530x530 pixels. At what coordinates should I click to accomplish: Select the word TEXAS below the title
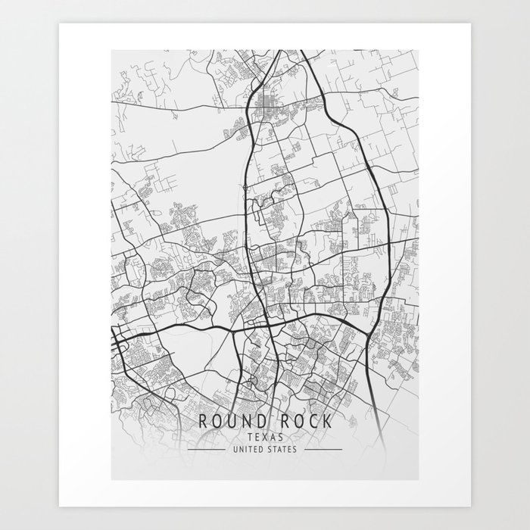tap(264, 437)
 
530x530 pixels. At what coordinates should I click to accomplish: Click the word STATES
tap(281, 449)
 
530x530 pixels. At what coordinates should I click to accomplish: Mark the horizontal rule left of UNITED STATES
tap(205, 449)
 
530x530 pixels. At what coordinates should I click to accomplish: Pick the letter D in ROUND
tap(258, 422)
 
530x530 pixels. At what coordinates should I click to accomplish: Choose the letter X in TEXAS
tap(264, 437)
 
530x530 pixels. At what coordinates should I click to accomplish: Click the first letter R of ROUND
tap(203, 422)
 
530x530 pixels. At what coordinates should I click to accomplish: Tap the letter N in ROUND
tap(245, 422)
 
